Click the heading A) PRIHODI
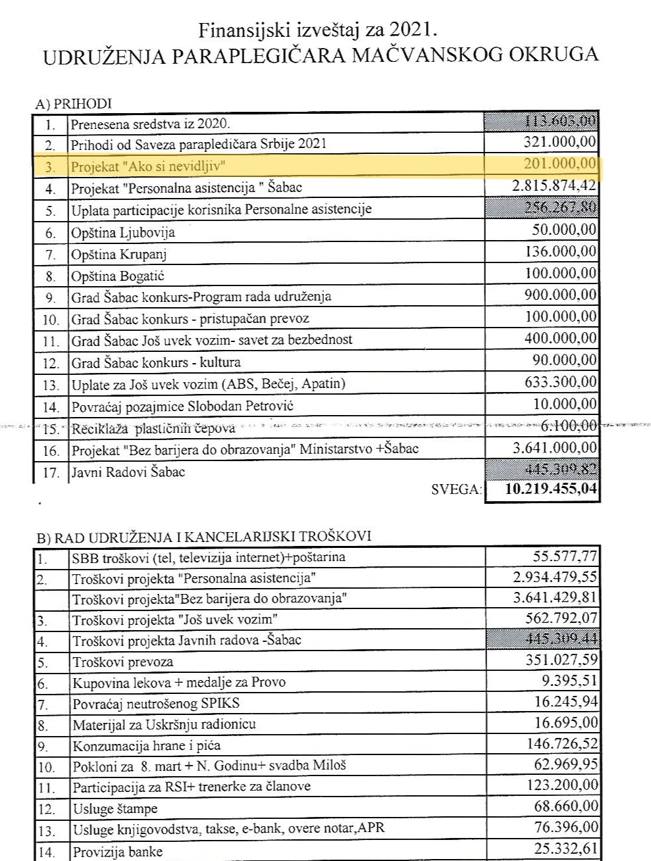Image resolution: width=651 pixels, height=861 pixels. (x=74, y=103)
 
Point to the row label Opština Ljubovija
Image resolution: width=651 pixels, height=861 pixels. (x=123, y=232)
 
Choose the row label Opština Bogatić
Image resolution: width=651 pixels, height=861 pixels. (x=118, y=276)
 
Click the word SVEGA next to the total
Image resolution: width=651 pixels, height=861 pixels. (x=456, y=489)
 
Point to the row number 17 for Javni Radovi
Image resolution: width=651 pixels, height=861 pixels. (x=51, y=472)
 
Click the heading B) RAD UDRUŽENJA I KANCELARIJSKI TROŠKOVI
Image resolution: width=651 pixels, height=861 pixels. (x=203, y=536)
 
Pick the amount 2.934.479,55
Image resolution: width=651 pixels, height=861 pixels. (x=555, y=577)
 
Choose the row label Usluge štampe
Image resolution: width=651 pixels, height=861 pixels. (x=115, y=808)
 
